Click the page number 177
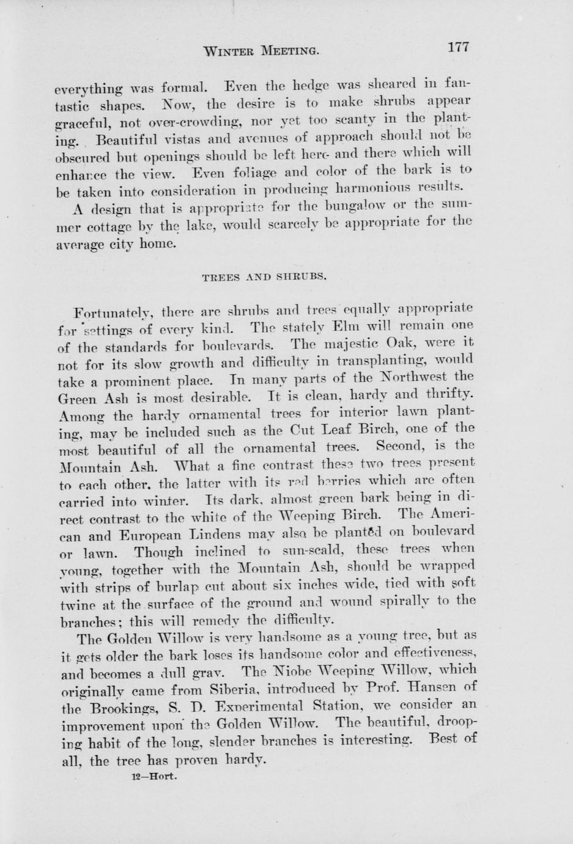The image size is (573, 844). point(458,47)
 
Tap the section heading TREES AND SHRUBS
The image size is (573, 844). point(264,276)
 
